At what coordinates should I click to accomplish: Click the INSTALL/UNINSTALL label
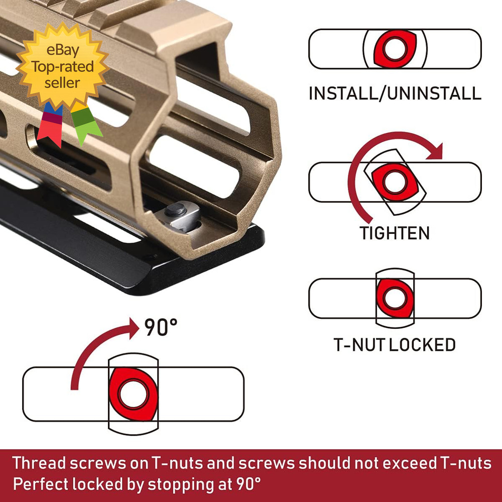(x=395, y=93)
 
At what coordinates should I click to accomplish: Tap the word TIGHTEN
(x=395, y=233)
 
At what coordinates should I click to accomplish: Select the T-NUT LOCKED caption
(x=395, y=345)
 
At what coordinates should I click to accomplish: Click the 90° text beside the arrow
(x=161, y=328)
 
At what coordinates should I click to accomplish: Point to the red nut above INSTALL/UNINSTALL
(x=395, y=49)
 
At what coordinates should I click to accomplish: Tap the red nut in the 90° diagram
(x=134, y=394)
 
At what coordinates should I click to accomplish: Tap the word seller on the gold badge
(x=62, y=82)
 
